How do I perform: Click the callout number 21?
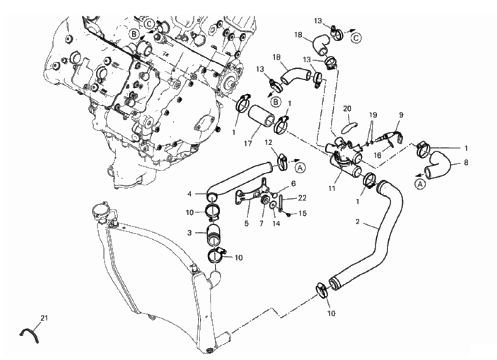[x=44, y=317]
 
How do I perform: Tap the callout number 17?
[x=248, y=143]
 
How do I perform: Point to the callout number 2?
[x=357, y=222]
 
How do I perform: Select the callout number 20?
[x=347, y=109]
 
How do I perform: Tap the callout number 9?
[x=401, y=115]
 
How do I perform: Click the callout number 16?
[x=377, y=155]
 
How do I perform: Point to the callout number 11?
[x=331, y=189]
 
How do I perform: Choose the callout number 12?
[x=268, y=143]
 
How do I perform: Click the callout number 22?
[x=302, y=198]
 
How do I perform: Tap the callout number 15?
[x=303, y=213]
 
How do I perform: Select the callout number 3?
[x=189, y=233]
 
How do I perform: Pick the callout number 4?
[x=189, y=193]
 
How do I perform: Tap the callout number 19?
[x=373, y=114]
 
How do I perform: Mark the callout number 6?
[x=293, y=183]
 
